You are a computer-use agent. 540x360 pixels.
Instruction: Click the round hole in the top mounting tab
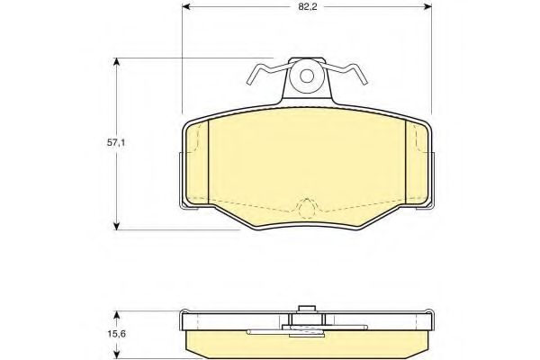[x=308, y=76]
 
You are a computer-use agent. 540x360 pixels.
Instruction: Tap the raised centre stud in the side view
[x=308, y=310]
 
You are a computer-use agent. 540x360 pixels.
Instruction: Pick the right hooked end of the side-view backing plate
[x=431, y=320]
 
